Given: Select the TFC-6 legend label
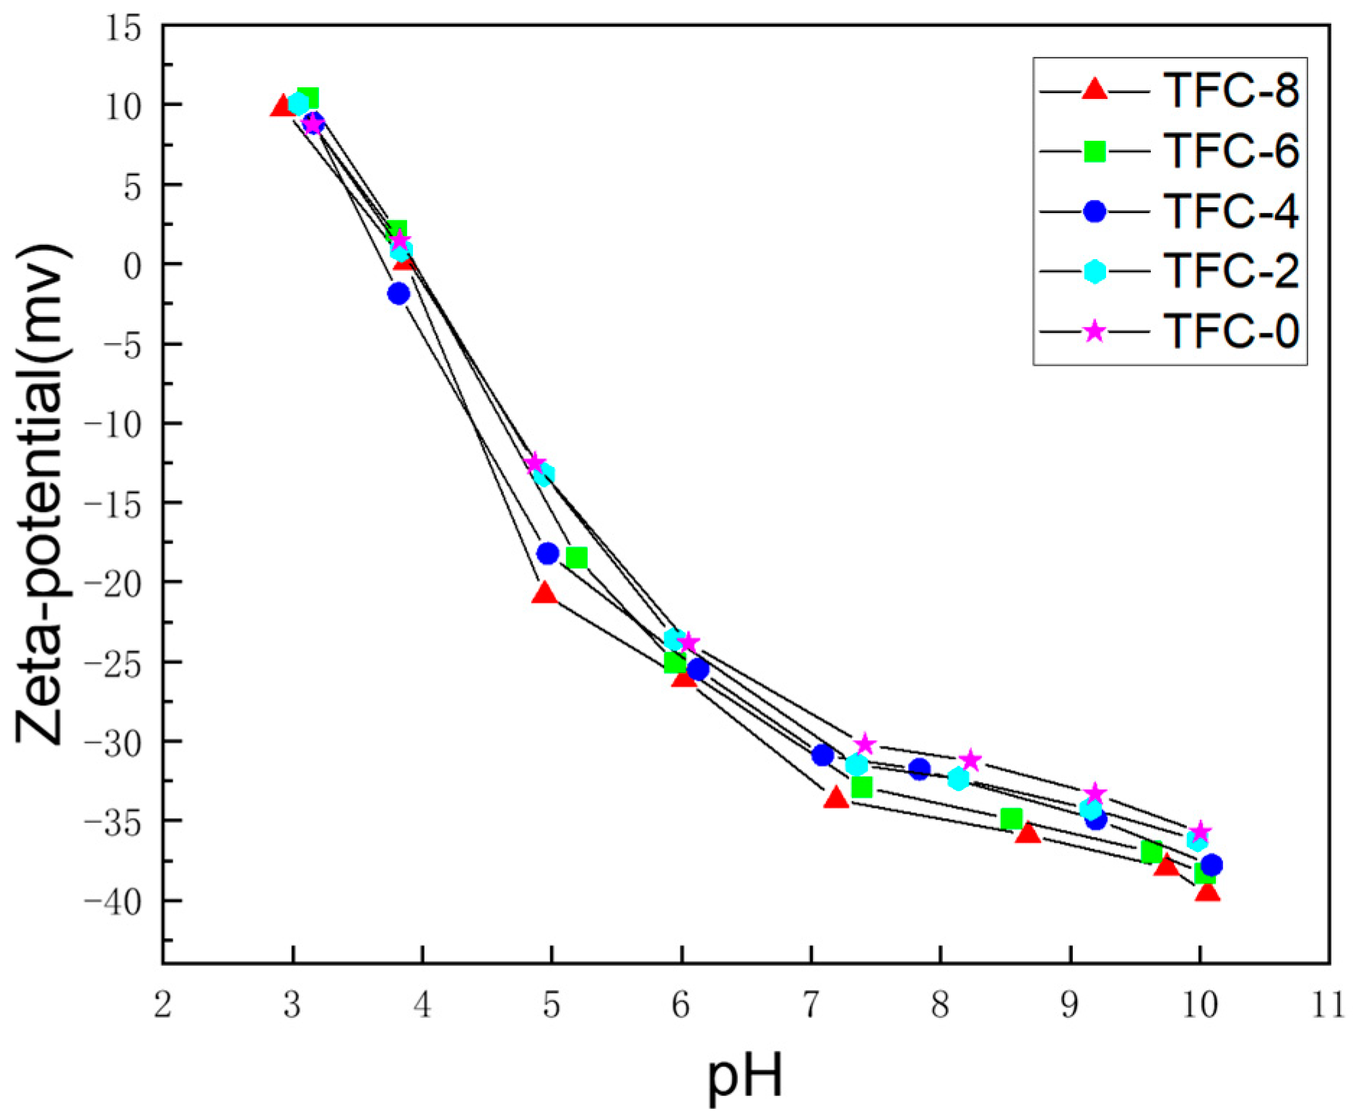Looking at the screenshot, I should [x=1230, y=151].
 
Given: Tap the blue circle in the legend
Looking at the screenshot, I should [x=1095, y=211].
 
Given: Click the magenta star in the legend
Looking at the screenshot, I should [x=1095, y=331].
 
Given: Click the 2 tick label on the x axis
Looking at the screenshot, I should [x=163, y=1005].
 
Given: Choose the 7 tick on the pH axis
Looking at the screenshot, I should [x=811, y=1005].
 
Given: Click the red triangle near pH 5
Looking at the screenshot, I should [x=544, y=593].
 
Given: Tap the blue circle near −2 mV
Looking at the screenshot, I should [x=399, y=293].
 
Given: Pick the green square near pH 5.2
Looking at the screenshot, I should [x=576, y=557].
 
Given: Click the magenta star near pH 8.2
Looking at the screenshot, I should [x=970, y=759].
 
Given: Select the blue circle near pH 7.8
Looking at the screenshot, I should [x=919, y=769].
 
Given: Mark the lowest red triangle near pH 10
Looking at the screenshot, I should [x=1207, y=892].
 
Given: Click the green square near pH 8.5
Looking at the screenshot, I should [x=1011, y=819].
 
